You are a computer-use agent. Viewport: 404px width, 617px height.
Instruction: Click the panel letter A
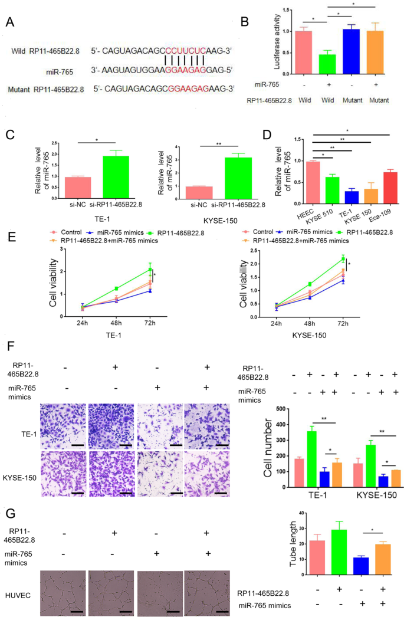coord(9,22)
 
